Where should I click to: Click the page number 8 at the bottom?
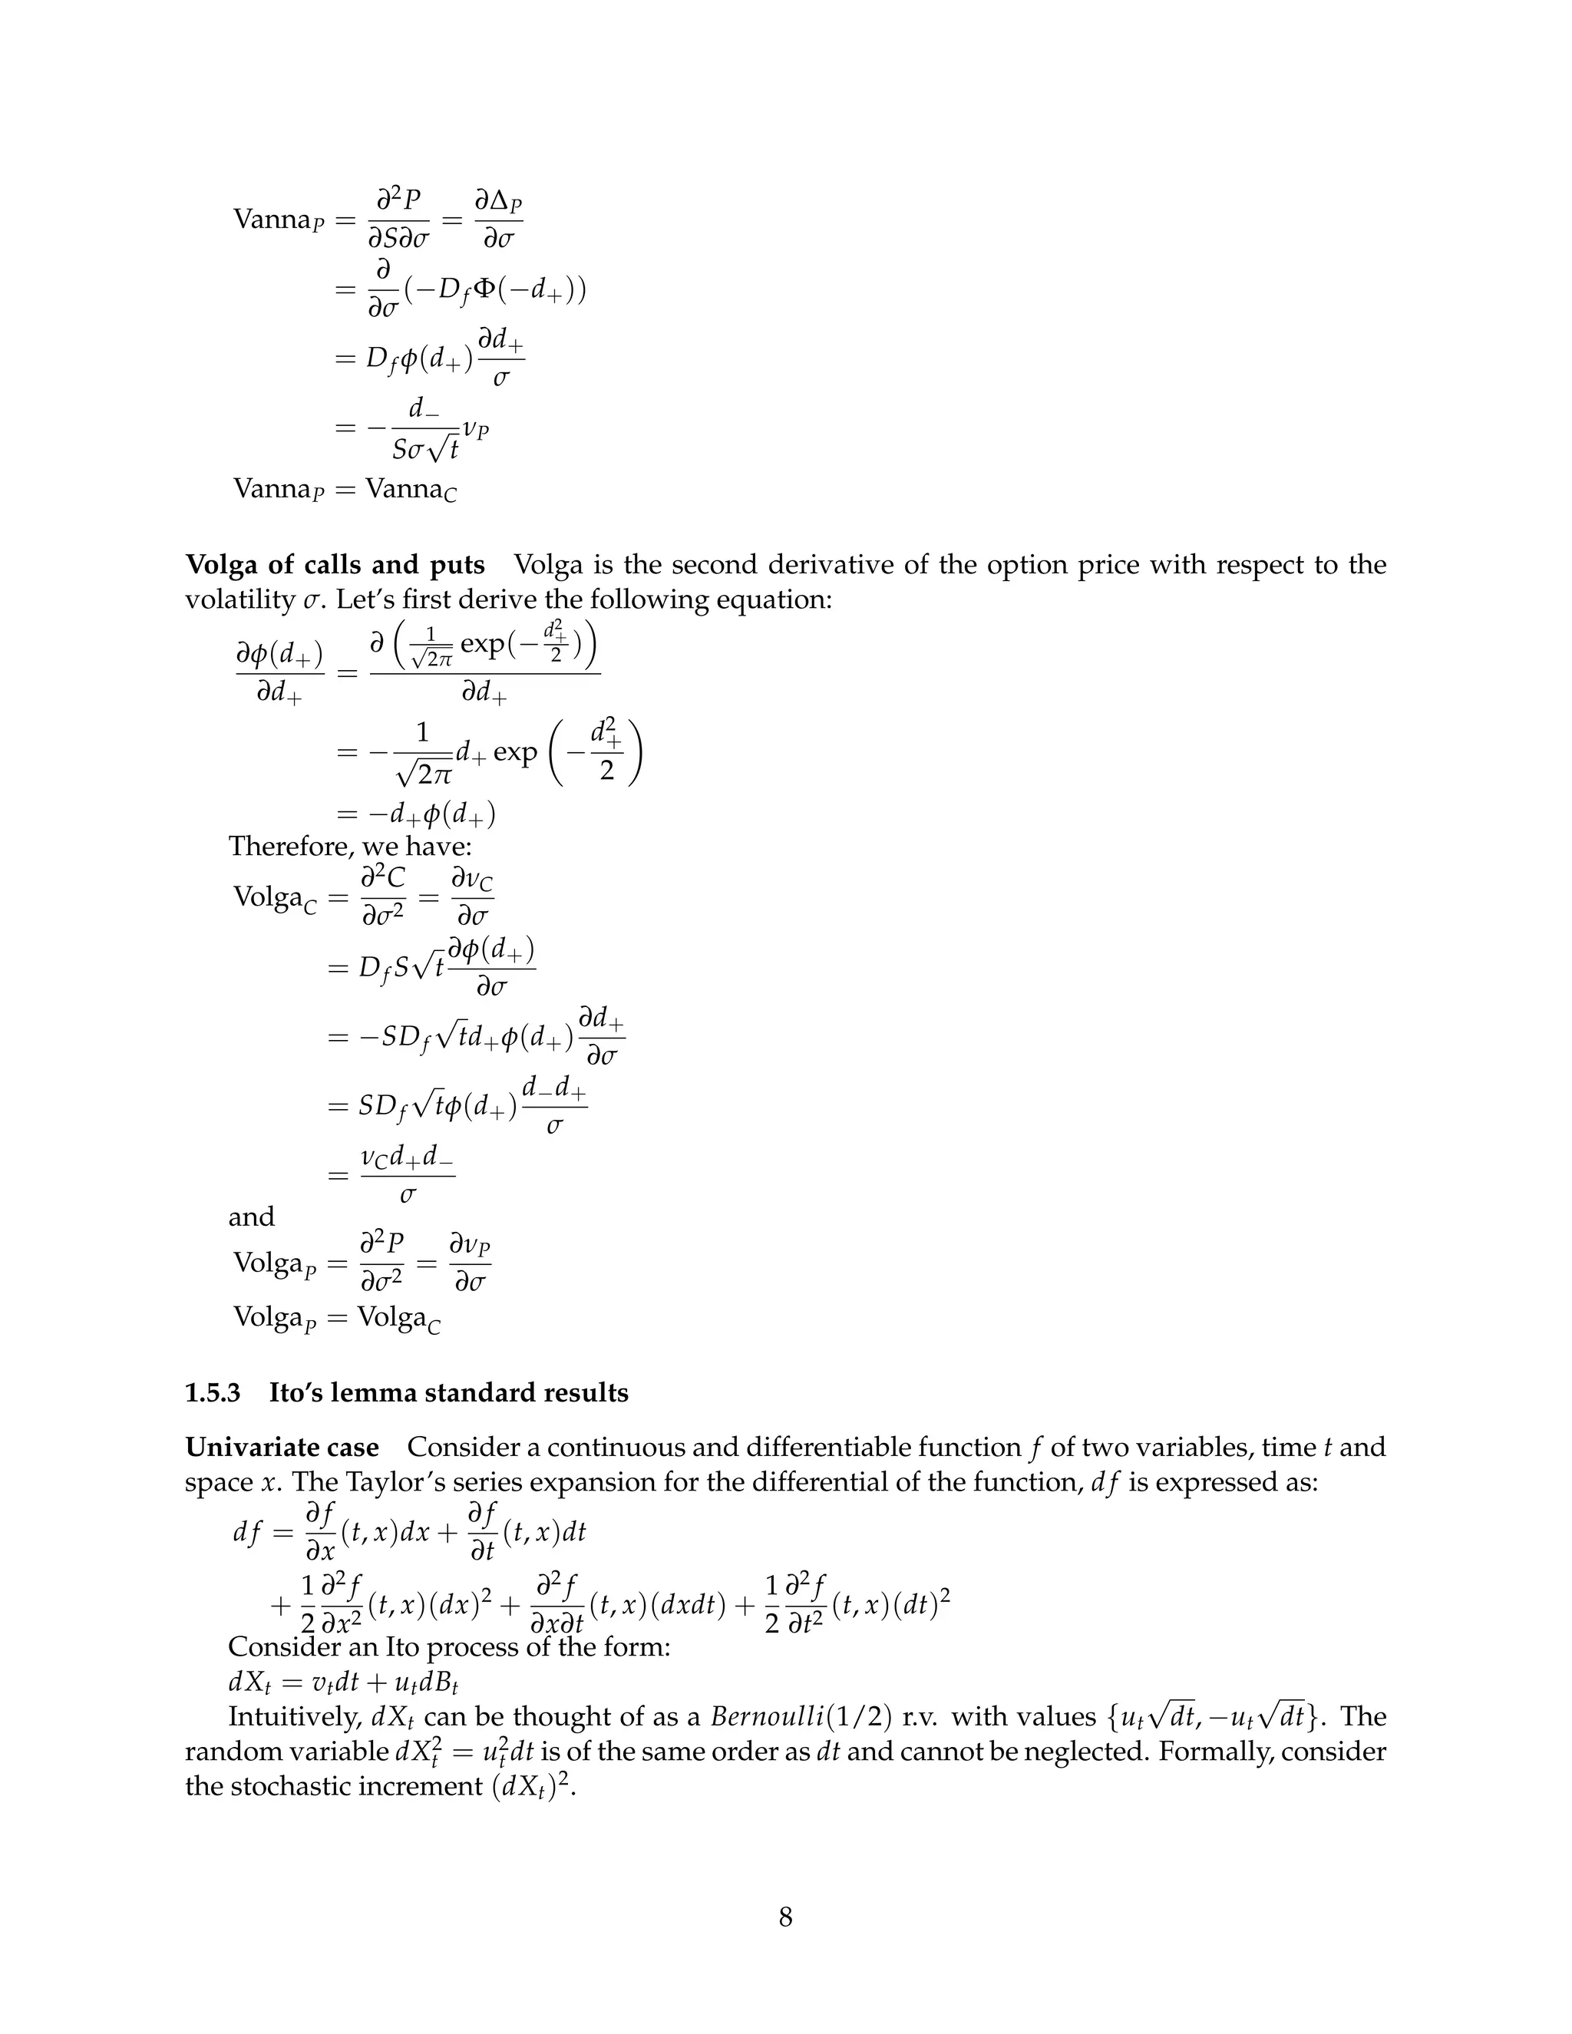click(785, 1917)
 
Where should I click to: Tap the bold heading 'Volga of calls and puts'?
click(335, 566)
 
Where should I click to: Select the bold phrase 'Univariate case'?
click(282, 1448)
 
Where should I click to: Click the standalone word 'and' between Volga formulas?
click(252, 1217)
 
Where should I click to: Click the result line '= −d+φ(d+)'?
click(415, 815)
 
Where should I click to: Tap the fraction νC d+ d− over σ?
click(407, 1175)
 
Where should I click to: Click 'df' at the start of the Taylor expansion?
click(247, 1532)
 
